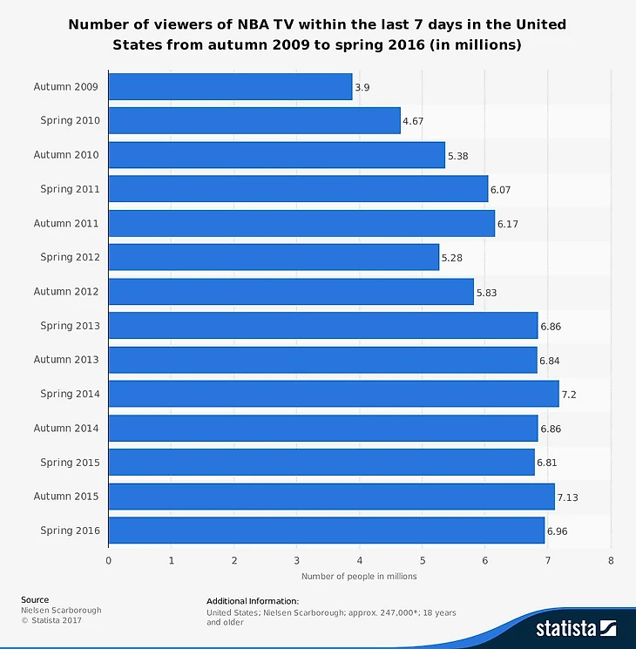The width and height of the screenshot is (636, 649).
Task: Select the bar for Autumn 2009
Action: click(230, 86)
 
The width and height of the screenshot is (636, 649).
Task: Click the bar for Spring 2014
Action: click(333, 394)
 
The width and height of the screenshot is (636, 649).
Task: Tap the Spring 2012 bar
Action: click(274, 257)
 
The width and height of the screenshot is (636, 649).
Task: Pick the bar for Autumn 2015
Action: click(331, 497)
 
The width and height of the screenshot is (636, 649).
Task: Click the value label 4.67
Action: click(413, 121)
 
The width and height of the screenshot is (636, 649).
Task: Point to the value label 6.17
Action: click(508, 224)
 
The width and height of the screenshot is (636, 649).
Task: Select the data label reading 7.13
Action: click(568, 497)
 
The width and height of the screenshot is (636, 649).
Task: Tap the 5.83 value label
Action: click(487, 292)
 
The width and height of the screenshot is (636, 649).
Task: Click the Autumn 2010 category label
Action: click(66, 155)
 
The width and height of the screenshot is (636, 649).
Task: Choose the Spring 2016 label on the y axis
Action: click(70, 531)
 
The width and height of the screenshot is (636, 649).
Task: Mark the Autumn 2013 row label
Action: click(66, 360)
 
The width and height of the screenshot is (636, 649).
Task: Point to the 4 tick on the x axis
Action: click(360, 560)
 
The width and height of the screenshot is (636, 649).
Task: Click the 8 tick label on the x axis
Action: click(611, 560)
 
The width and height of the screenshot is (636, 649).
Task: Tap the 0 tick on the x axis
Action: click(109, 560)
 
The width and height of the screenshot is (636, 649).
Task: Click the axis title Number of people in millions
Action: click(359, 576)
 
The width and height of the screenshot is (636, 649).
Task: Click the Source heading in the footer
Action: click(35, 599)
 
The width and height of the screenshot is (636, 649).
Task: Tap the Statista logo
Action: click(576, 627)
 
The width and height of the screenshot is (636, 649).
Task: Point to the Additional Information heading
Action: click(253, 601)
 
